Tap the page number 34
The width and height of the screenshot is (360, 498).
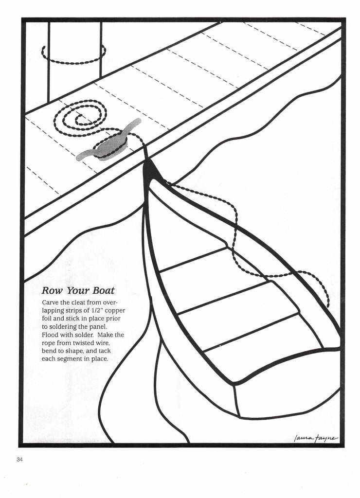(x=19, y=460)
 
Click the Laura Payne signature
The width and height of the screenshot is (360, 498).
(x=315, y=438)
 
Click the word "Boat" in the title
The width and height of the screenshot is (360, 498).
(x=102, y=291)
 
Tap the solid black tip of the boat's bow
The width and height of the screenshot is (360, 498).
(x=151, y=171)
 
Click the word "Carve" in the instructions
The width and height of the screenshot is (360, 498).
(x=51, y=302)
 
